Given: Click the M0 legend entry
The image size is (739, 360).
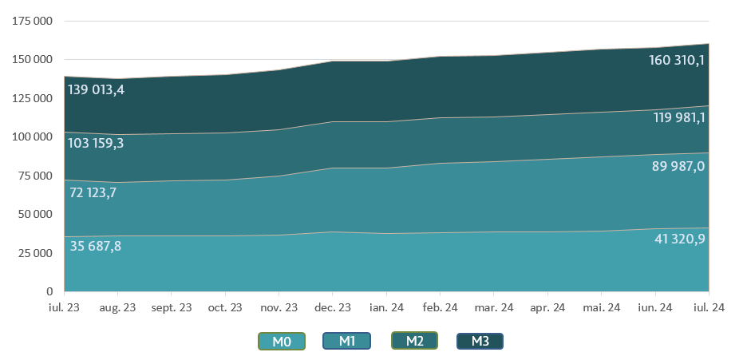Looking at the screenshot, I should click(x=282, y=342).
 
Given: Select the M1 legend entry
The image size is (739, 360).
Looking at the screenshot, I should click(x=346, y=342).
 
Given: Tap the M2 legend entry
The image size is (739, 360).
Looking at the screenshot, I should click(x=414, y=342).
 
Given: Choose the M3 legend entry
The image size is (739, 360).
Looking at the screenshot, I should click(x=480, y=342).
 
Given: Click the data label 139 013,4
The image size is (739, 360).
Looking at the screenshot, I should click(x=96, y=89).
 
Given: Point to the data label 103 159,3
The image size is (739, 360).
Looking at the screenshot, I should click(x=96, y=144).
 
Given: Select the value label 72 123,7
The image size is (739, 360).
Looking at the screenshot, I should click(x=93, y=192).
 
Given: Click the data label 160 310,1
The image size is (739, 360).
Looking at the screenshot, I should click(x=678, y=60).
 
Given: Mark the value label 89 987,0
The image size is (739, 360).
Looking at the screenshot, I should click(x=678, y=166).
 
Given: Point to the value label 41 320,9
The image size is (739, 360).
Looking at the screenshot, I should click(x=679, y=239).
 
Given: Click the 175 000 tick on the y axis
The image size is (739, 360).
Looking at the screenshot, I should click(x=33, y=22).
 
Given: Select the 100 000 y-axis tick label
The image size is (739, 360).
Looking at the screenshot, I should click(x=33, y=137).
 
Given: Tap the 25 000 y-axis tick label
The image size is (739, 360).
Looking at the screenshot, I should click(x=36, y=253).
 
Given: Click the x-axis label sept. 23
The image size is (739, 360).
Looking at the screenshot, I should click(x=172, y=307).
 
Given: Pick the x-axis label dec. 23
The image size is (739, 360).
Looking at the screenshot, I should click(x=333, y=307).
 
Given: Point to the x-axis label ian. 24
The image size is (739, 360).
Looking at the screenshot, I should click(x=387, y=307).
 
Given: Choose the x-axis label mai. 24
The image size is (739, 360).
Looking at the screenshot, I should click(x=602, y=307).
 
